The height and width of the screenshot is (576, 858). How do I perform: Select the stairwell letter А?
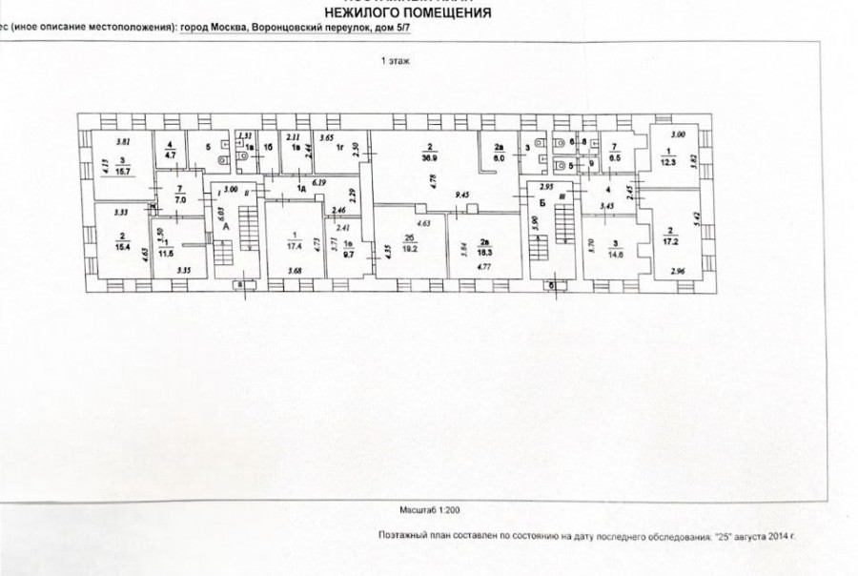(x=226, y=228)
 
